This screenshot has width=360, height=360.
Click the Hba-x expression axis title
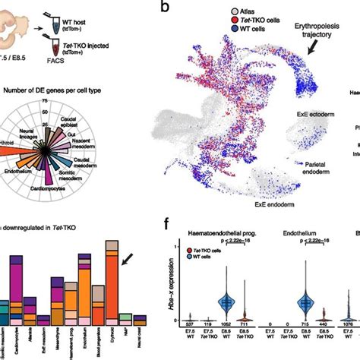pyautogui.click(x=165, y=293)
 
